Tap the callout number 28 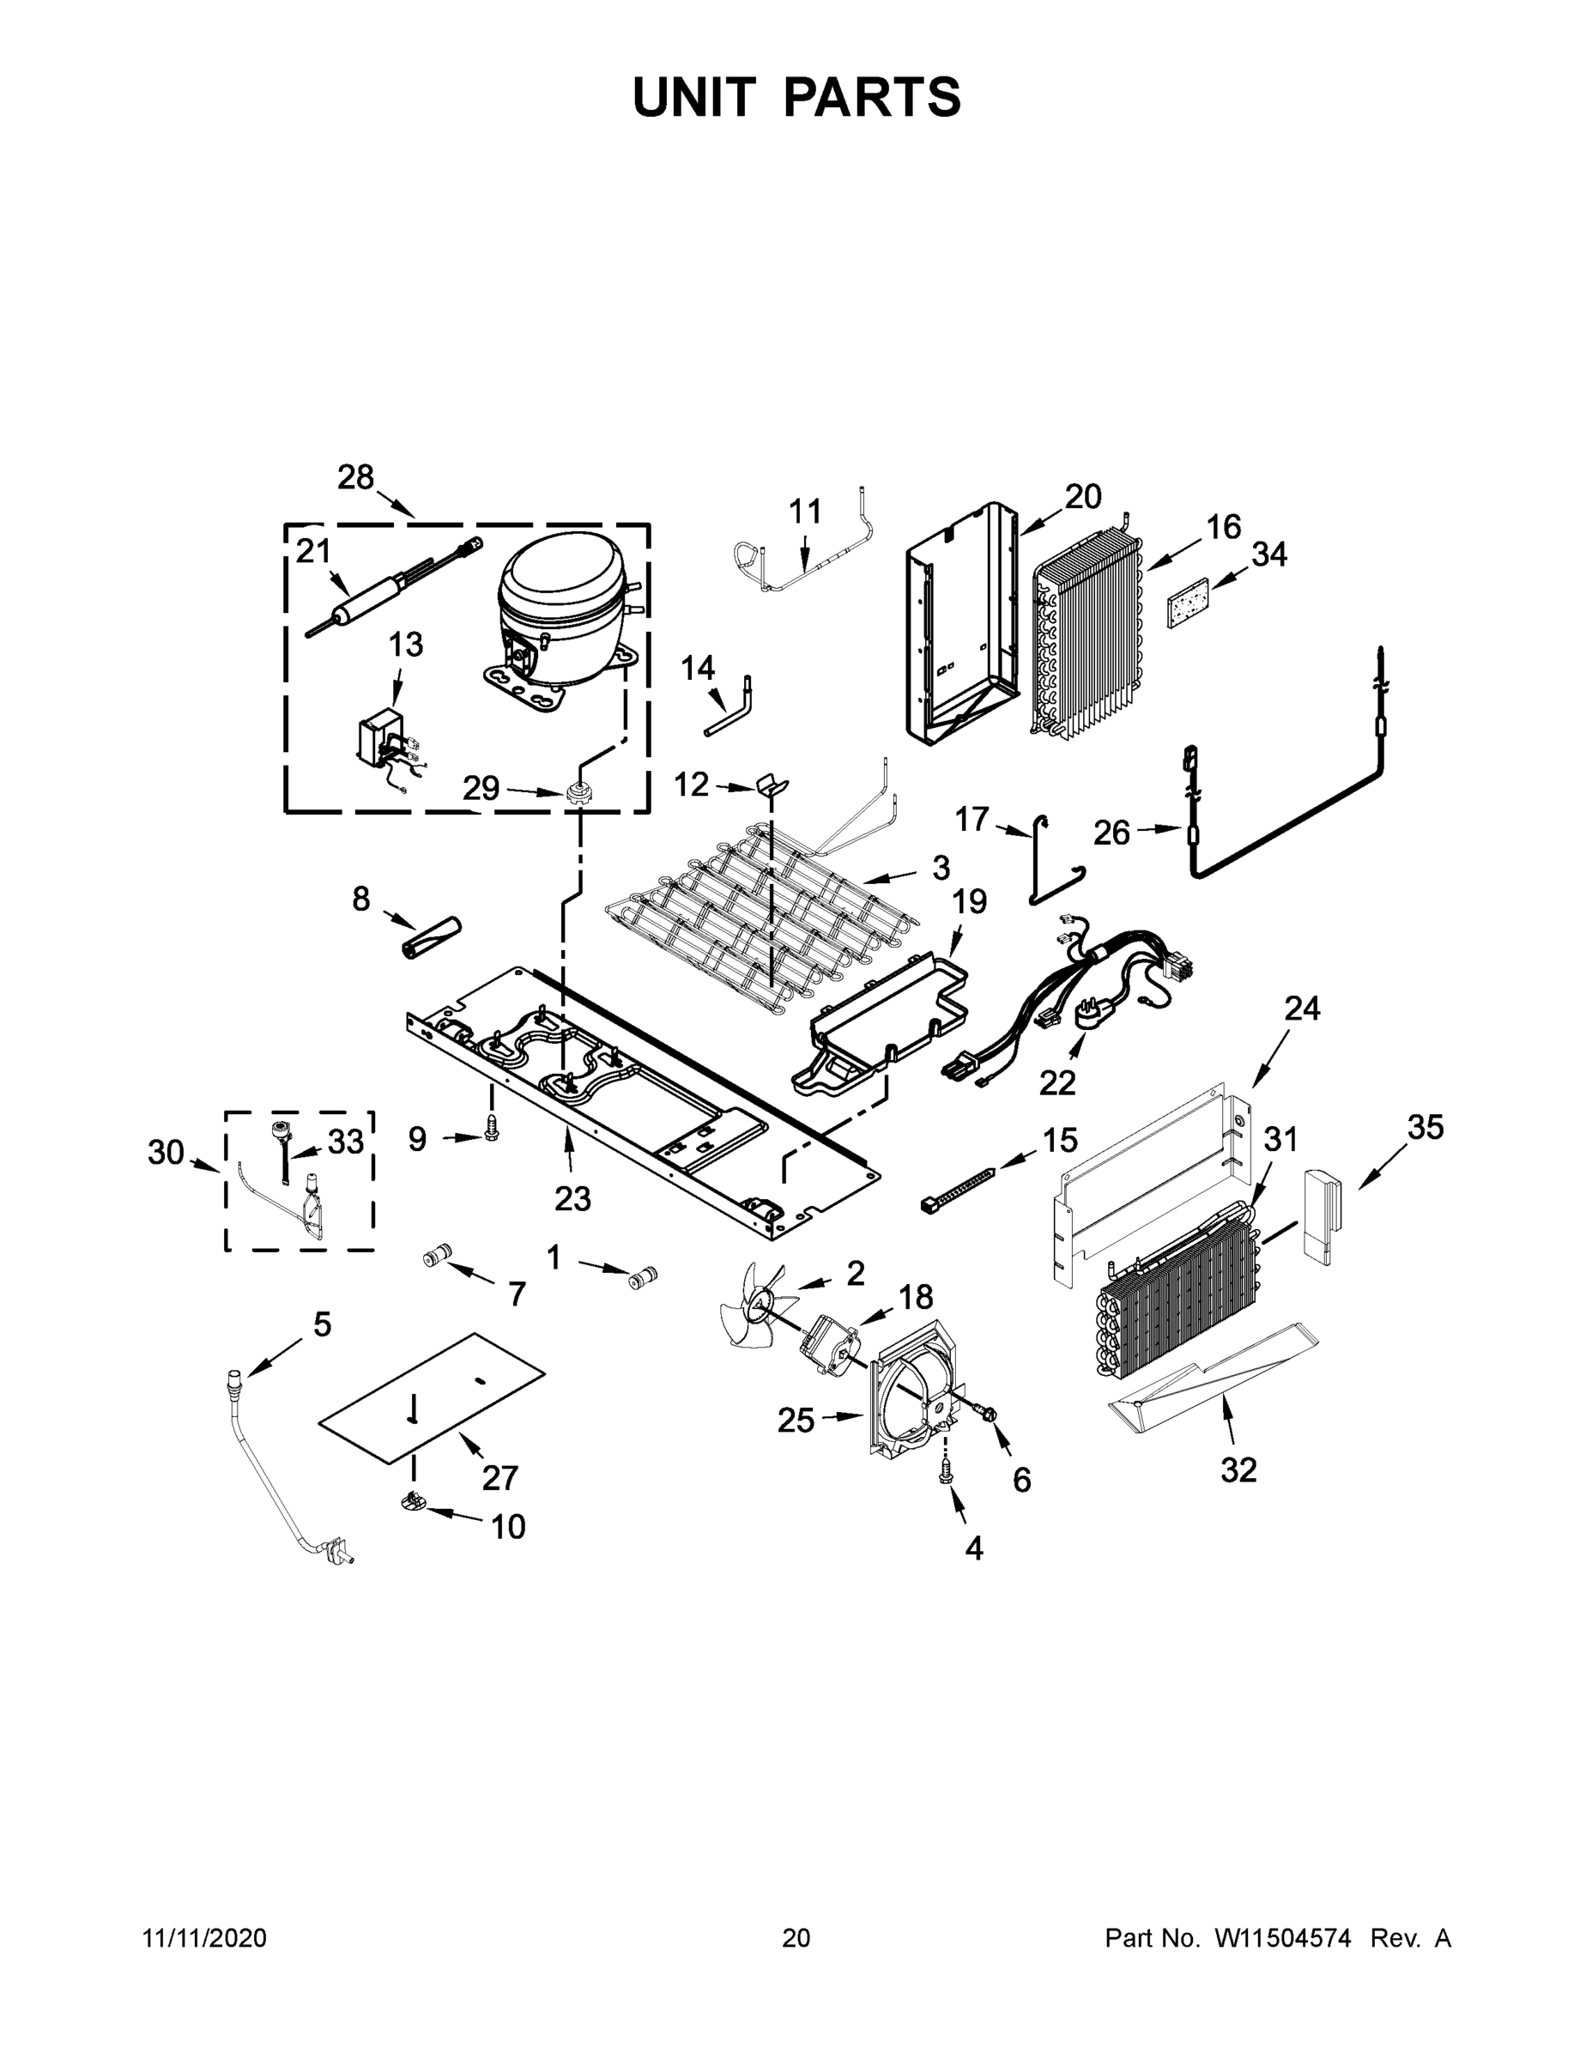point(355,477)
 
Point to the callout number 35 point(1425,1126)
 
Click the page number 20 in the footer point(796,1937)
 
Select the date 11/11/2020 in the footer point(204,1937)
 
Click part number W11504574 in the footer point(1283,1937)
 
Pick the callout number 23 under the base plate point(572,1199)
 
